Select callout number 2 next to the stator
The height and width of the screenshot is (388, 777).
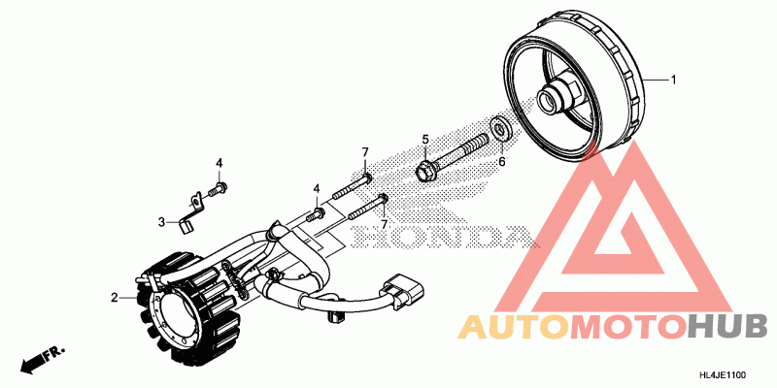(x=114, y=297)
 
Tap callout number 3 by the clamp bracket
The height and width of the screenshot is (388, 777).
(x=161, y=222)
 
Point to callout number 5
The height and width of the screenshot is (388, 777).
(x=424, y=140)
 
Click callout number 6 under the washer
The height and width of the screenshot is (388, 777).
(x=502, y=162)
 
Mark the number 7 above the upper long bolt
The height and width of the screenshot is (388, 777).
(x=365, y=152)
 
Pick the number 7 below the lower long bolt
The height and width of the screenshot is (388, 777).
(x=385, y=225)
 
